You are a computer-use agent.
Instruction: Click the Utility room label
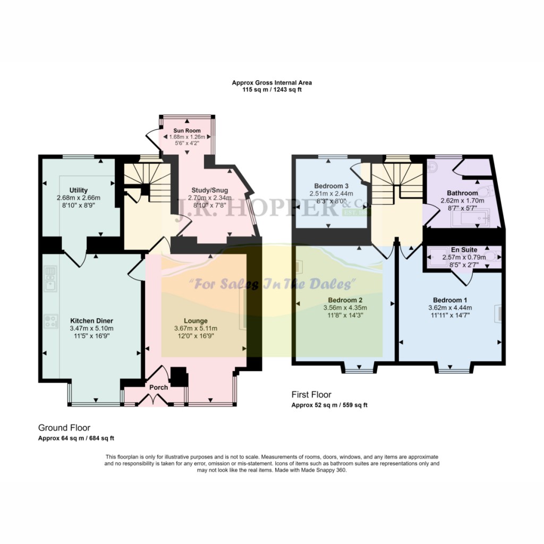[78, 190]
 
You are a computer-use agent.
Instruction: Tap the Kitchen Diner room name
[92, 321]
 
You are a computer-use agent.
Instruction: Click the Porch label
[158, 387]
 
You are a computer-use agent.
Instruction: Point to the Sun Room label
[186, 130]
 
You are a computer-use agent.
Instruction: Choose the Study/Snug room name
[209, 190]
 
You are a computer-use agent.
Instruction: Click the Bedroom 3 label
[331, 185]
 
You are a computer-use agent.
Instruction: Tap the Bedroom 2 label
[345, 300]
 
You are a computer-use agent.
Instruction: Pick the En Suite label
[464, 250]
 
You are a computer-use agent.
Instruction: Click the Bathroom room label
[462, 193]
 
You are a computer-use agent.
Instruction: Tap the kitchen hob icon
[51, 320]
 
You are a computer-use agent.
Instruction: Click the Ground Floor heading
[64, 428]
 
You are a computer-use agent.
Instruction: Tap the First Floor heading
[311, 395]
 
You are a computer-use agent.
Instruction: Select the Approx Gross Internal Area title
[271, 82]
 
